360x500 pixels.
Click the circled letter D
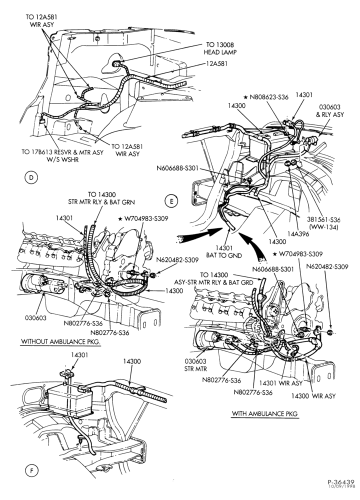31,177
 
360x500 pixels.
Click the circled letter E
171,201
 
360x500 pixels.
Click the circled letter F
31,470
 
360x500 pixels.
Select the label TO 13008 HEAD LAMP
220,48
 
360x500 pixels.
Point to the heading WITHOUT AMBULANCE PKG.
61,341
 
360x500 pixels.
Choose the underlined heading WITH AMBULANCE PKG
264,413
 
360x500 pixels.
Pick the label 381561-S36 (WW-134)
323,223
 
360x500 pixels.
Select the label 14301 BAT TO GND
223,252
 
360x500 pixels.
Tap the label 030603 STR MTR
195,365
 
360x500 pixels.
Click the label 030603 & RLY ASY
330,110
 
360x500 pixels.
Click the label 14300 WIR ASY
313,395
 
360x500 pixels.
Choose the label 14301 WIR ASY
280,383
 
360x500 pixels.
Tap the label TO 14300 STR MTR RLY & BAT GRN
101,198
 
